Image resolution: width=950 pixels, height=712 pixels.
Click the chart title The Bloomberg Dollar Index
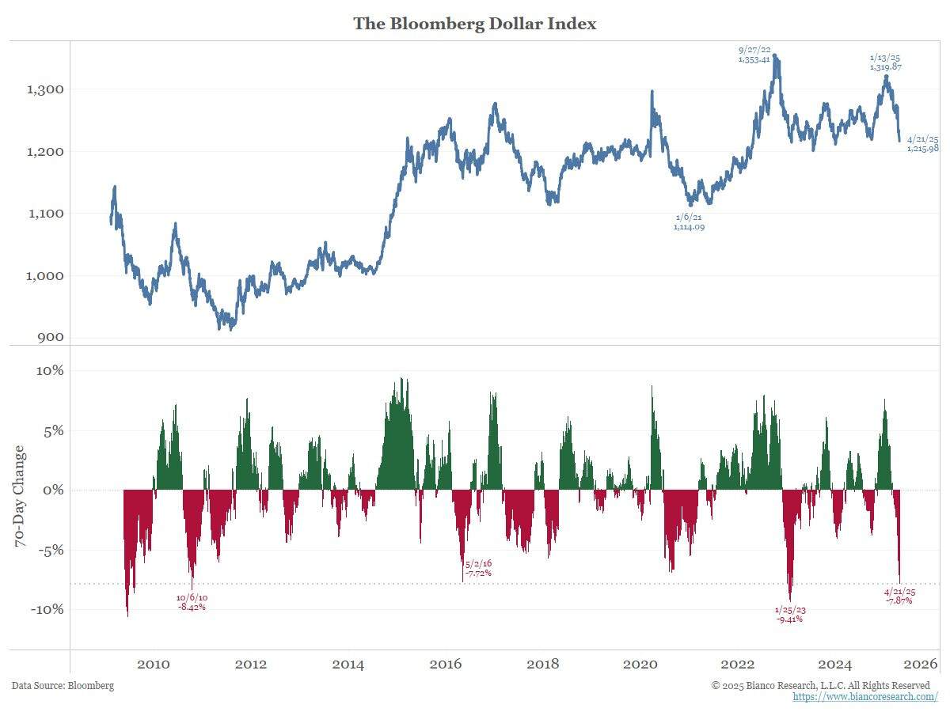tap(474, 24)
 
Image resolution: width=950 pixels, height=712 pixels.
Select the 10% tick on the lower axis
tap(48, 370)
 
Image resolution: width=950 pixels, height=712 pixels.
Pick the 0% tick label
tap(52, 490)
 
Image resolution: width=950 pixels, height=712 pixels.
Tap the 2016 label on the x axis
tap(446, 663)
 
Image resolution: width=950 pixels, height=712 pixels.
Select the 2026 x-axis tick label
tap(922, 663)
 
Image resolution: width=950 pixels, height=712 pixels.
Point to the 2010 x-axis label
tap(153, 663)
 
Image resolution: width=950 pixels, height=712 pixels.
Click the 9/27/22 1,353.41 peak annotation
tap(754, 54)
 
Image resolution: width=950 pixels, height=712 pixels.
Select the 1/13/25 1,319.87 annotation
tap(885, 62)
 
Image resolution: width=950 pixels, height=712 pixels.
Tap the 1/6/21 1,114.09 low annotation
tap(688, 222)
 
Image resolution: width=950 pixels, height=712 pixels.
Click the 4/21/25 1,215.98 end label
tap(922, 143)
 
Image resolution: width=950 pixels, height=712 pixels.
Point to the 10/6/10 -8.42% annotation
tap(191, 602)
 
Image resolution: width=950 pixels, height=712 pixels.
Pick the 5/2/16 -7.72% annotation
tap(478, 567)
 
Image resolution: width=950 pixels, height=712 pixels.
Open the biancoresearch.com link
tap(865, 697)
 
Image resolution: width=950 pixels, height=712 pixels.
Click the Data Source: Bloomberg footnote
tap(63, 685)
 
